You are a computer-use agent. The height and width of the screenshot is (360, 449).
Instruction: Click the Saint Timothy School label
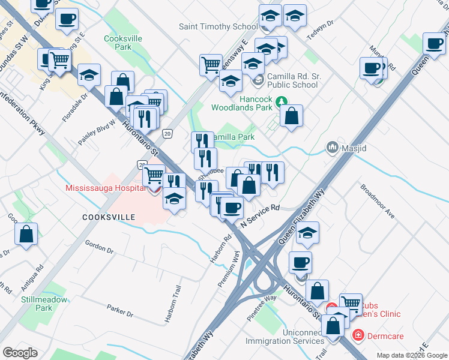click(x=218, y=26)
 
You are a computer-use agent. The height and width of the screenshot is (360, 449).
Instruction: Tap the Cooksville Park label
click(x=118, y=42)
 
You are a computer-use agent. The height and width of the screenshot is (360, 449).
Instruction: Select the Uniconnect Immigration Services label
click(x=285, y=336)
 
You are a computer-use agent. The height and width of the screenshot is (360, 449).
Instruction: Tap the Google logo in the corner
click(x=20, y=353)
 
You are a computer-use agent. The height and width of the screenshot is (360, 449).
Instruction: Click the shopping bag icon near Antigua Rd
click(x=26, y=235)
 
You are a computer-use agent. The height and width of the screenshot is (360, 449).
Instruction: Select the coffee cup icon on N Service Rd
click(x=232, y=208)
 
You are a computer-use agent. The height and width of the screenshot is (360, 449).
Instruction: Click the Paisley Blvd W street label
click(x=96, y=134)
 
